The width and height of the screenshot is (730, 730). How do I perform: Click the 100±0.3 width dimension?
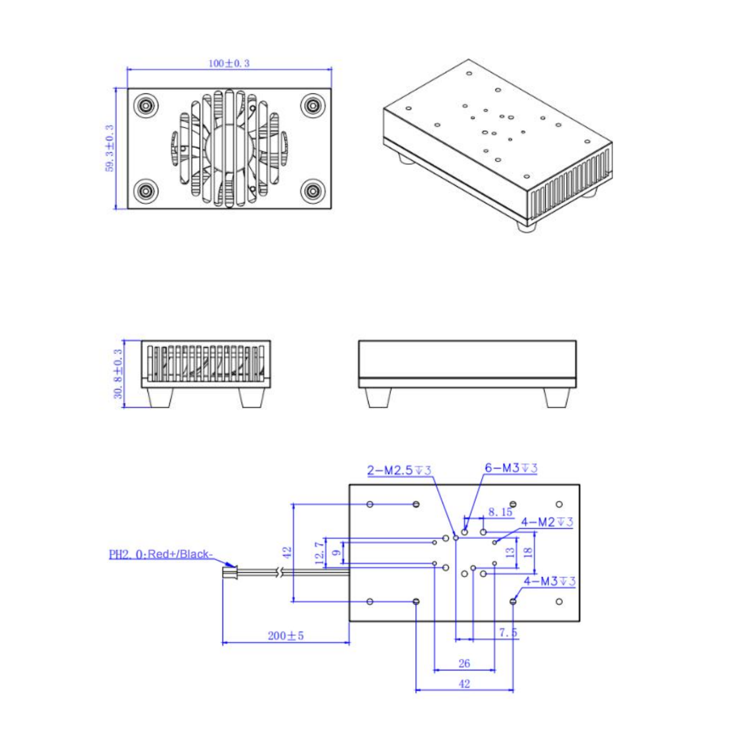229,63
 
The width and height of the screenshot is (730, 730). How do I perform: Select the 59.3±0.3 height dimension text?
109,148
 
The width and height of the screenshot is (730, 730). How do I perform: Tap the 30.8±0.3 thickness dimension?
118,373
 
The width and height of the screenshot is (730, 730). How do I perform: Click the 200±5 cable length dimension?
285,636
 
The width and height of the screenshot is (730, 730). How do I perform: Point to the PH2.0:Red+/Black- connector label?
161,554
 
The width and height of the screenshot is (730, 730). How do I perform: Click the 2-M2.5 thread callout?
399,470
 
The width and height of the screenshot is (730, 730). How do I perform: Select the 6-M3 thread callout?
511,468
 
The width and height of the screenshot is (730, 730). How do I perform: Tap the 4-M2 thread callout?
547,521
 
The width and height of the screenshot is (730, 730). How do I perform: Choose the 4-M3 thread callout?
549,581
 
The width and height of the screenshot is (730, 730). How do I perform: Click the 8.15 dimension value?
500,512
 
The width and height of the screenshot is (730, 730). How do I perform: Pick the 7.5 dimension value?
508,632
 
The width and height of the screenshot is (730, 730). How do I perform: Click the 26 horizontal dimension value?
464,663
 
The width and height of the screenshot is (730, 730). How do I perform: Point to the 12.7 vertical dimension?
320,553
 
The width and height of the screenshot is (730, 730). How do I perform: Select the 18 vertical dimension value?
528,552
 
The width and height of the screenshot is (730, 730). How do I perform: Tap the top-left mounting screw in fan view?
146,106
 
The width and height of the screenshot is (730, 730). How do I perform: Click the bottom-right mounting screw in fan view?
313,191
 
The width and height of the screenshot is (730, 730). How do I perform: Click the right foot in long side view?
556,398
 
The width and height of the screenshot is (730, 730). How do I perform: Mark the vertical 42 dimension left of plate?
287,553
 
